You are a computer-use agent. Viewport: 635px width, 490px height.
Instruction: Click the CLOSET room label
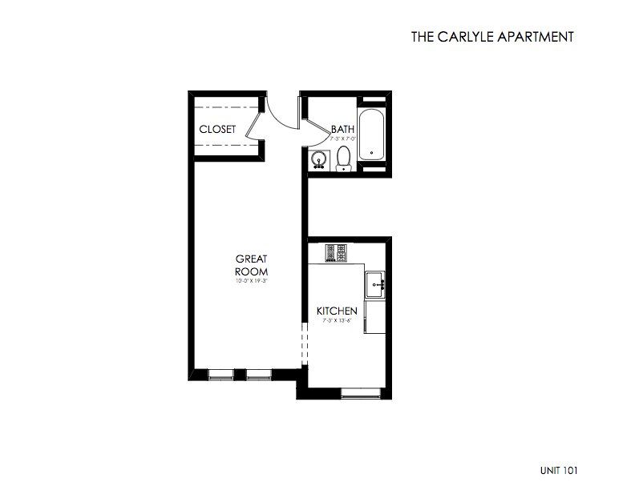tap(217, 129)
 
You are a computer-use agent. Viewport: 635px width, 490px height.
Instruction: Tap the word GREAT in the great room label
tap(250, 259)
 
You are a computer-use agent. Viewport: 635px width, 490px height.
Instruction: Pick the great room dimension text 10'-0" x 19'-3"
tap(250, 281)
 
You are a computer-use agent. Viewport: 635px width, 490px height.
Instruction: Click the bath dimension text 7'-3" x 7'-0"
tap(343, 139)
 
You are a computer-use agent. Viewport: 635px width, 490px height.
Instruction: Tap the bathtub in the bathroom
tap(371, 136)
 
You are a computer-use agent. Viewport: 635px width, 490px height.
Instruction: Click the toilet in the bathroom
tap(344, 158)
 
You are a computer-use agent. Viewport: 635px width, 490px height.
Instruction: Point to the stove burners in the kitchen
tap(335, 253)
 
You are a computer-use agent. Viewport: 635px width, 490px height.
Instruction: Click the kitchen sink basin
tap(375, 284)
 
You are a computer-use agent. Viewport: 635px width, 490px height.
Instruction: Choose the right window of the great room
tap(258, 373)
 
